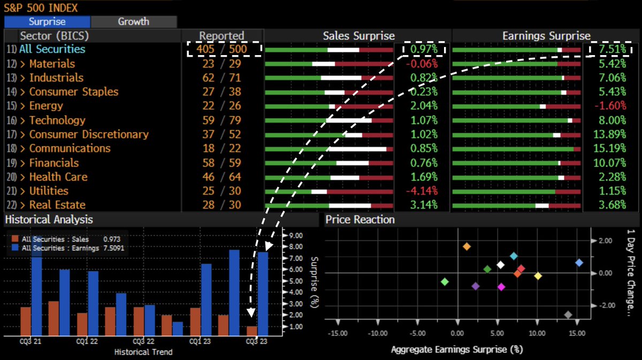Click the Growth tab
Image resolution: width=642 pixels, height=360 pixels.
pyautogui.click(x=133, y=22)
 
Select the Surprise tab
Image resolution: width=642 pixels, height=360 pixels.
pyautogui.click(x=47, y=22)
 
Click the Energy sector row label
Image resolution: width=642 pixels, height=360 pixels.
pyautogui.click(x=46, y=106)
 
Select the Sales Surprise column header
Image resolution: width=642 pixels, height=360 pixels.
pyautogui.click(x=358, y=36)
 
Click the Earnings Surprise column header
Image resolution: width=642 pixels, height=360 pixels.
pyautogui.click(x=546, y=36)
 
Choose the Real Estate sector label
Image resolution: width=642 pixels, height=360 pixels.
pyautogui.click(x=57, y=205)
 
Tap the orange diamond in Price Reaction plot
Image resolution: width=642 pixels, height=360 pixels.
pyautogui.click(x=467, y=247)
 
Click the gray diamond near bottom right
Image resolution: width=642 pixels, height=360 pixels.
pyautogui.click(x=568, y=315)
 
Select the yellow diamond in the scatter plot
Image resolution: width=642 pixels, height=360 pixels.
pyautogui.click(x=538, y=276)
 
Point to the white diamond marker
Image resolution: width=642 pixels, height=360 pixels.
pyautogui.click(x=500, y=265)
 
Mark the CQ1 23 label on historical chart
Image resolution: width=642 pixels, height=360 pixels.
pyautogui.click(x=201, y=341)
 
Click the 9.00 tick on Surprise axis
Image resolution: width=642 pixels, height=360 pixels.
pyautogui.click(x=296, y=235)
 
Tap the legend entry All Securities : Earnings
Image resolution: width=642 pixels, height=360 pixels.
pyautogui.click(x=60, y=248)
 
